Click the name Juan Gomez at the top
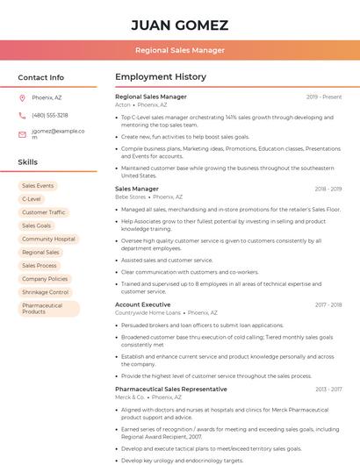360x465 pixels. click(179, 25)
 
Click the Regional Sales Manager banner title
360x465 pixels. click(179, 51)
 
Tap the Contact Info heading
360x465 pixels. click(41, 77)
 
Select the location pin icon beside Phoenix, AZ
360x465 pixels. click(22, 97)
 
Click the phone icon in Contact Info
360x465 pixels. click(22, 115)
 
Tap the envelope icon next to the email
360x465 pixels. click(22, 134)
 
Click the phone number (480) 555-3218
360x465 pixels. click(50, 115)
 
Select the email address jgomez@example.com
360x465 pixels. click(58, 133)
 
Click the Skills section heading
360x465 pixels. click(28, 162)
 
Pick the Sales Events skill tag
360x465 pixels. click(38, 186)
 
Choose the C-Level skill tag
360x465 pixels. click(32, 199)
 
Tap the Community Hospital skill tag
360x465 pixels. click(48, 239)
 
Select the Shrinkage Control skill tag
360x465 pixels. click(45, 292)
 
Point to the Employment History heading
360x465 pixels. click(161, 77)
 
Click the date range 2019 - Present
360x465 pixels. click(324, 97)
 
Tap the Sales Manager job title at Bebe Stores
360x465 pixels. click(137, 189)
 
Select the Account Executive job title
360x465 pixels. click(142, 304)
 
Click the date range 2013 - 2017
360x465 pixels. click(328, 389)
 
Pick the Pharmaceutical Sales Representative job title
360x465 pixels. click(170, 389)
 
